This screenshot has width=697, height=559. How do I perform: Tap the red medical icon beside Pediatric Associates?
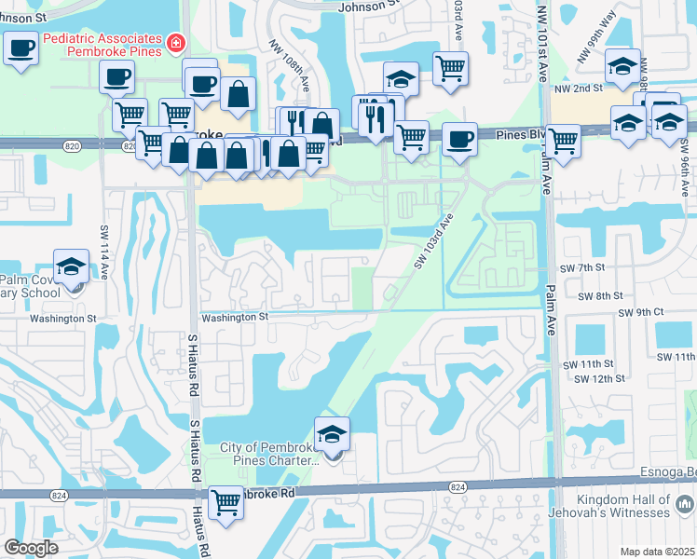click(175, 43)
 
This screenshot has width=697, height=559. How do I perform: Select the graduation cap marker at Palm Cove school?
click(71, 268)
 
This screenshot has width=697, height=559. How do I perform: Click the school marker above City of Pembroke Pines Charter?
click(332, 434)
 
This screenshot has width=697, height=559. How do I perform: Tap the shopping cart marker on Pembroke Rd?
click(225, 503)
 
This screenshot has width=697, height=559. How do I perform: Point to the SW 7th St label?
click(583, 267)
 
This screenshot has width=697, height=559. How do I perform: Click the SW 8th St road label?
click(599, 295)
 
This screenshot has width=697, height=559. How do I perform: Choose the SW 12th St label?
click(599, 378)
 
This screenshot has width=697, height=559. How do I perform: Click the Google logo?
click(32, 548)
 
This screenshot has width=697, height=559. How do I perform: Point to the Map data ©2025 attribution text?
click(657, 552)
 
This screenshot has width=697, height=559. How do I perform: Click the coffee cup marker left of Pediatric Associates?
click(20, 48)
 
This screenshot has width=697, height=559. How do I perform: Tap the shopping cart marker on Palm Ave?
click(563, 142)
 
